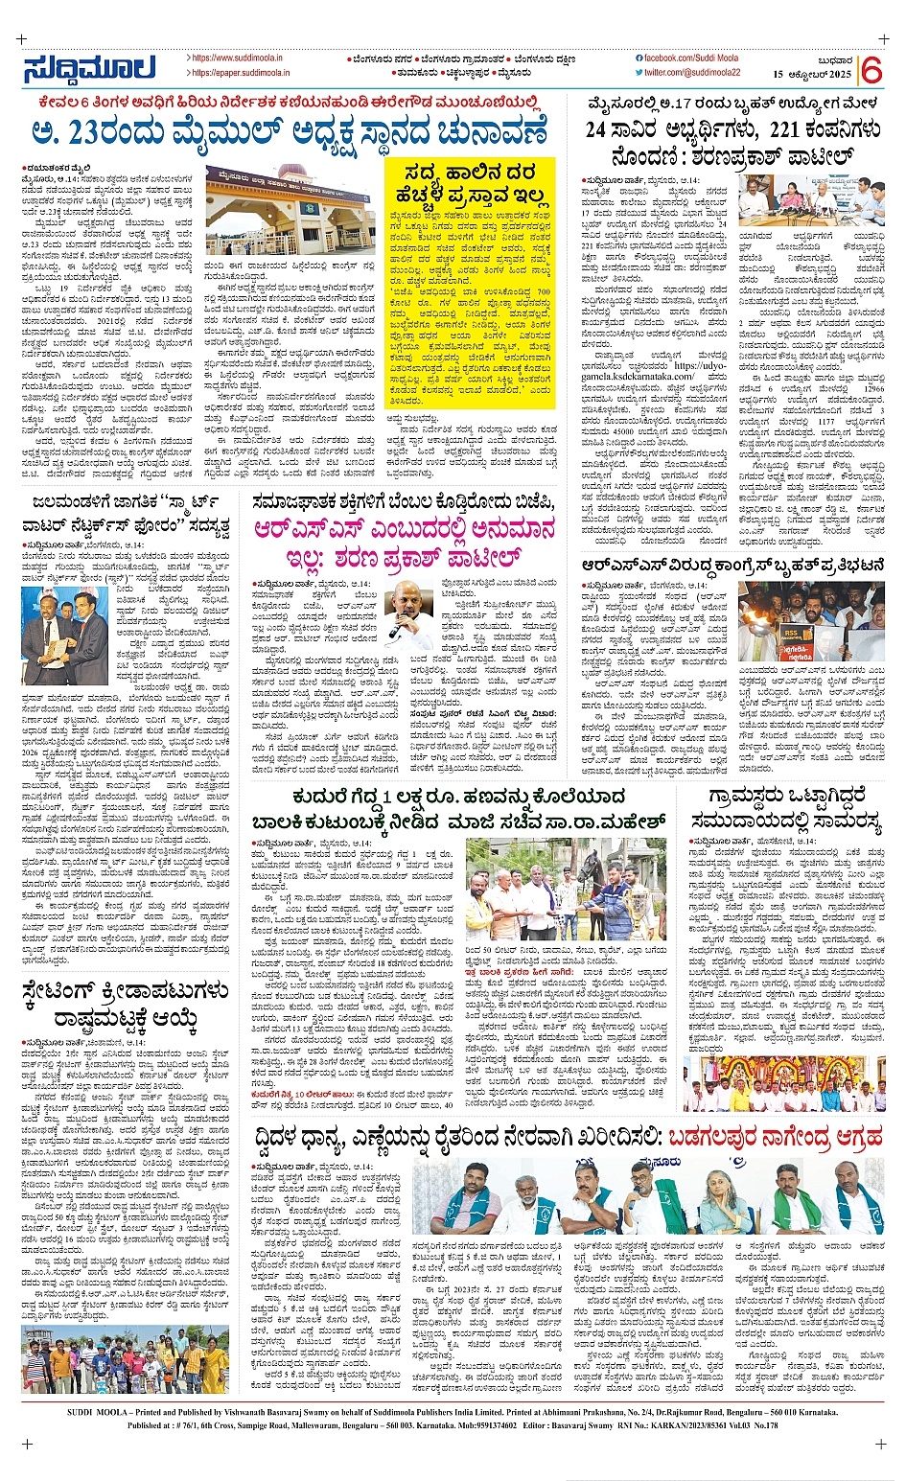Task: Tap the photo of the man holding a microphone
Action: point(408,614)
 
